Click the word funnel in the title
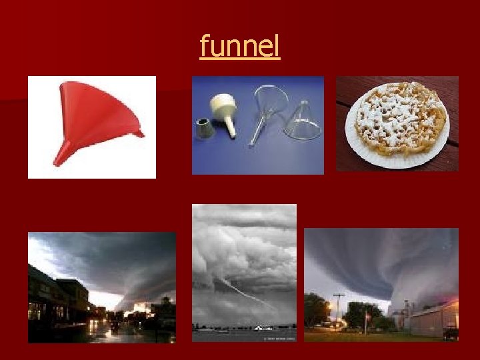[240, 47]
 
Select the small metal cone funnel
[205, 127]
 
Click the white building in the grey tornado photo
[263, 327]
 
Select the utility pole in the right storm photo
[339, 310]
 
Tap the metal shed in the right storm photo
[433, 320]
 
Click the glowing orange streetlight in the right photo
[329, 305]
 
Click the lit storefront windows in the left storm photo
[40, 310]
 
